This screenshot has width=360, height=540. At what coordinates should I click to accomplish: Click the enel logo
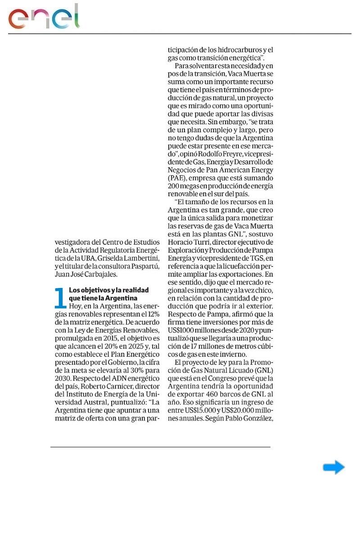tap(44, 18)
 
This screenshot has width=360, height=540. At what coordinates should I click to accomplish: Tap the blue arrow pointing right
tap(333, 468)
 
